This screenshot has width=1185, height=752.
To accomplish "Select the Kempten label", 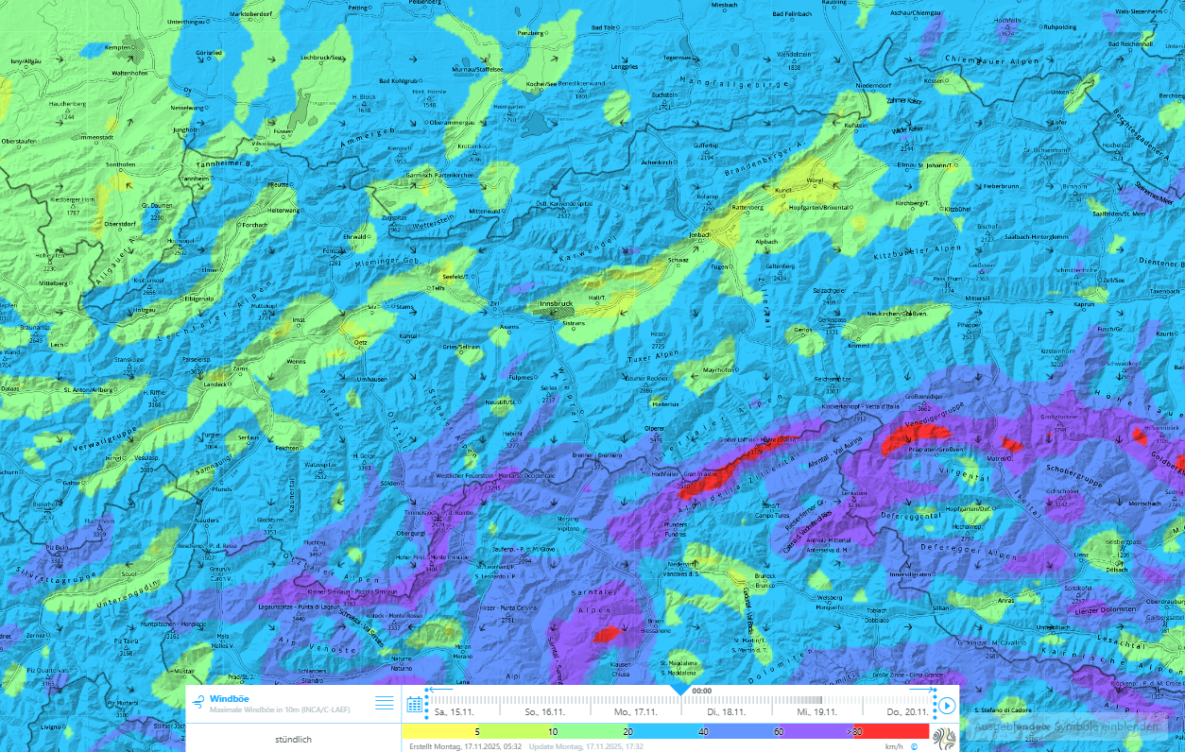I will [x=117, y=47].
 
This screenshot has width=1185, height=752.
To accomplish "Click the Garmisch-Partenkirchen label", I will [x=438, y=176].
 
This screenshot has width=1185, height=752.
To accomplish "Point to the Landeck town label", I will [x=216, y=384].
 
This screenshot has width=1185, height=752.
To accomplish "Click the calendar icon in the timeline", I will [x=414, y=704].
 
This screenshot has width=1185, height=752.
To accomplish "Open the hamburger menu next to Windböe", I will [x=384, y=702].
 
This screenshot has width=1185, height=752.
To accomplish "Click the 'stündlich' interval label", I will [x=293, y=739].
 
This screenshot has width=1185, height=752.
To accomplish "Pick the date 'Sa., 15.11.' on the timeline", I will [x=454, y=711].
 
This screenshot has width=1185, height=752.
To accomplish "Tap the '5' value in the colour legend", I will [x=476, y=731].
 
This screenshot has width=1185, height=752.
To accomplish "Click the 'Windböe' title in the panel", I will [x=230, y=698].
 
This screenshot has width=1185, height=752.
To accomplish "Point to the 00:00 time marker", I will [x=701, y=691].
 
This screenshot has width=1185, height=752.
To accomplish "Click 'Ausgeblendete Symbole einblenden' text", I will [x=1066, y=726].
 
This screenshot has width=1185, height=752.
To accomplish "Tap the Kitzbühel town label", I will [x=957, y=208].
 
